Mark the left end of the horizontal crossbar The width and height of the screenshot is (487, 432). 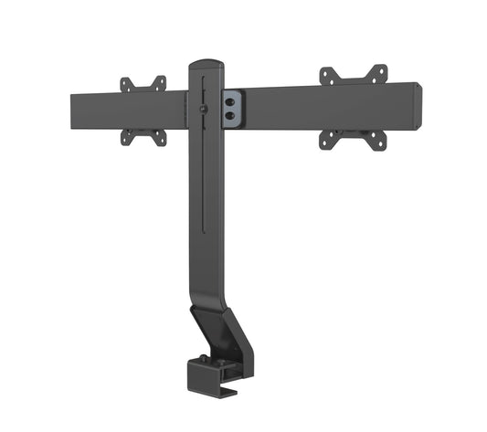73,113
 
